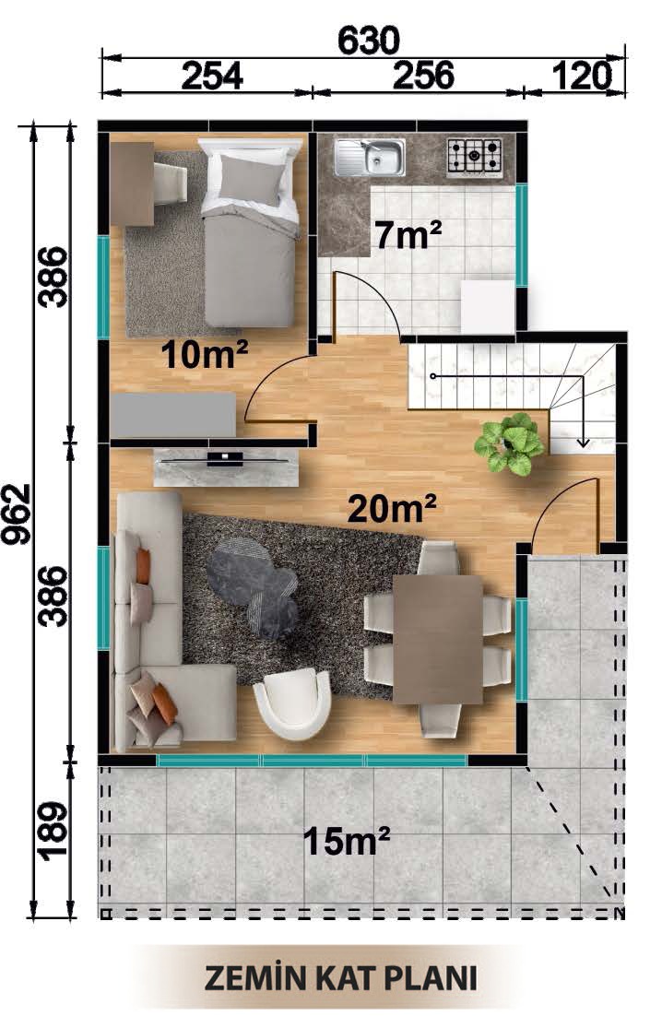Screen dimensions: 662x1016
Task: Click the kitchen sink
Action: [369, 157]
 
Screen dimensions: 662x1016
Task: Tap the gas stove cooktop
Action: [474, 157]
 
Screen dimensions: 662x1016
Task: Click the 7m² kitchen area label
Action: [408, 234]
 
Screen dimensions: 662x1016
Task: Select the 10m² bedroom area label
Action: [204, 354]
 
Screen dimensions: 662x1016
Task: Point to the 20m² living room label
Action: [392, 507]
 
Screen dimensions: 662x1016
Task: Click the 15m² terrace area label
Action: [347, 841]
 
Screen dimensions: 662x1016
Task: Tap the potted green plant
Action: [509, 443]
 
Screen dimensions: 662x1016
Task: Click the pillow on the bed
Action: [252, 179]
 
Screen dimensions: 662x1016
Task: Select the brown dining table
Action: [438, 639]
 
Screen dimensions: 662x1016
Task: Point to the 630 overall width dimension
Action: [369, 41]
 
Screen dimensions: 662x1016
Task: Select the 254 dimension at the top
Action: [212, 77]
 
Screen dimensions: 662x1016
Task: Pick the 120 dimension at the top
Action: [582, 77]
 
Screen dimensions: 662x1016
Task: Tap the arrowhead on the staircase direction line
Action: [583, 442]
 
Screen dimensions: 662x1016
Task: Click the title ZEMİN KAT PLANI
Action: [341, 979]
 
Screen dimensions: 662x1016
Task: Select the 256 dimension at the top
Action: [423, 77]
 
